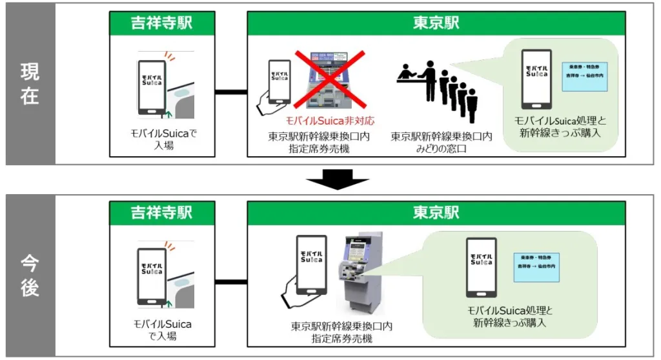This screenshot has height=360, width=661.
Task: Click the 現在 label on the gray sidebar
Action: coord(30,83)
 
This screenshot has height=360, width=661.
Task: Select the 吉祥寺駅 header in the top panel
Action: coord(161,23)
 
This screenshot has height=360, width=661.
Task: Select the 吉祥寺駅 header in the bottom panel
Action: coord(161,212)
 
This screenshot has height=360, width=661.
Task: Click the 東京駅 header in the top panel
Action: coord(436,23)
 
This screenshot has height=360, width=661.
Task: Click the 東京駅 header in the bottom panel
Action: coord(436,212)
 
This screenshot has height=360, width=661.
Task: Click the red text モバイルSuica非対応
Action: coord(330,121)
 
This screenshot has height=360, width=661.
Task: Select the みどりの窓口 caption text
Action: coord(442,149)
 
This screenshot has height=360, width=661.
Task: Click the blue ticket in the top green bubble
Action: coord(585,76)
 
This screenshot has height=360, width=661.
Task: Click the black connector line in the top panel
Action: coord(230,92)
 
